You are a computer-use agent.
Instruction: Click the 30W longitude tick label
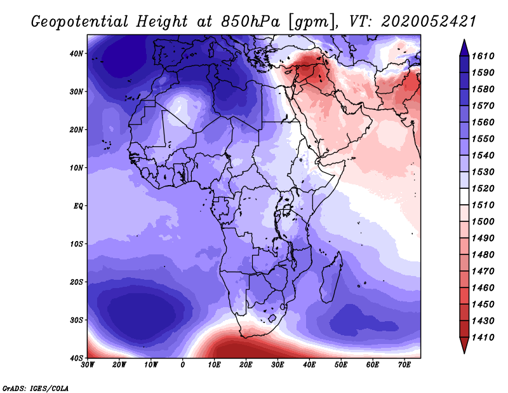(88, 365)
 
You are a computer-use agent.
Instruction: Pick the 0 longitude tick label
(183, 365)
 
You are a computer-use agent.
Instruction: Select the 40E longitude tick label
(309, 365)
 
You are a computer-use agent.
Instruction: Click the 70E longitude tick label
(404, 365)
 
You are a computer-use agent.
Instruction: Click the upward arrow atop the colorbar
(464, 46)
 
